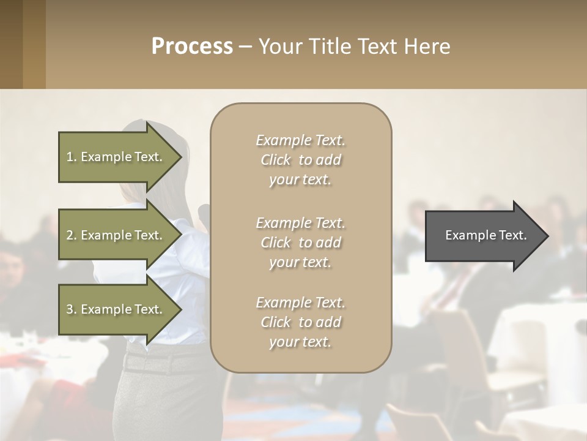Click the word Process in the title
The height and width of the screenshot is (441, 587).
pyautogui.click(x=192, y=47)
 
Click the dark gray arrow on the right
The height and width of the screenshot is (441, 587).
pyautogui.click(x=483, y=236)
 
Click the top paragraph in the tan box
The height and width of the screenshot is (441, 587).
pyautogui.click(x=300, y=160)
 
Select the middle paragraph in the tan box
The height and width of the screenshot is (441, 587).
pyautogui.click(x=300, y=243)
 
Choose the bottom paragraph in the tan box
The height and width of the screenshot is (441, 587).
pyautogui.click(x=300, y=322)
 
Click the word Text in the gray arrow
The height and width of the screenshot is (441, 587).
pyautogui.click(x=512, y=235)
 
